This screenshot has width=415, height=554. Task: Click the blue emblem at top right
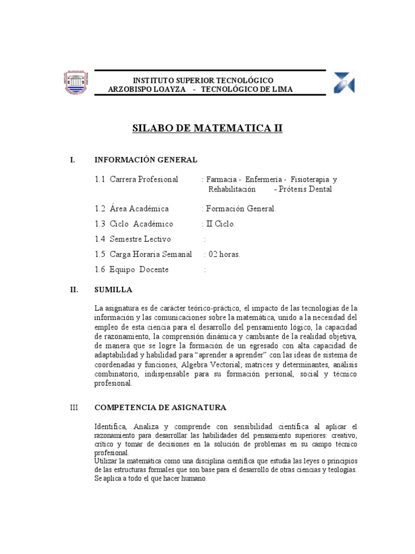344,82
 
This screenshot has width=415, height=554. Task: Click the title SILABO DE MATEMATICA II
208,129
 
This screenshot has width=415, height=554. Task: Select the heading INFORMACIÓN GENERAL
146,160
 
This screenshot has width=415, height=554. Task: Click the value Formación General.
240,209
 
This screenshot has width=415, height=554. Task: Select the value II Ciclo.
220,224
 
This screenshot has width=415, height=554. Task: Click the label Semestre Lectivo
140,239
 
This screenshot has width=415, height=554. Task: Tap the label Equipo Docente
139,269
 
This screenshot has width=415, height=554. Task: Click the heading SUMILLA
113,290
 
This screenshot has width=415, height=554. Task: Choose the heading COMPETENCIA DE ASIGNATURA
160,407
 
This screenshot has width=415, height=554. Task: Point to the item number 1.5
99,254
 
